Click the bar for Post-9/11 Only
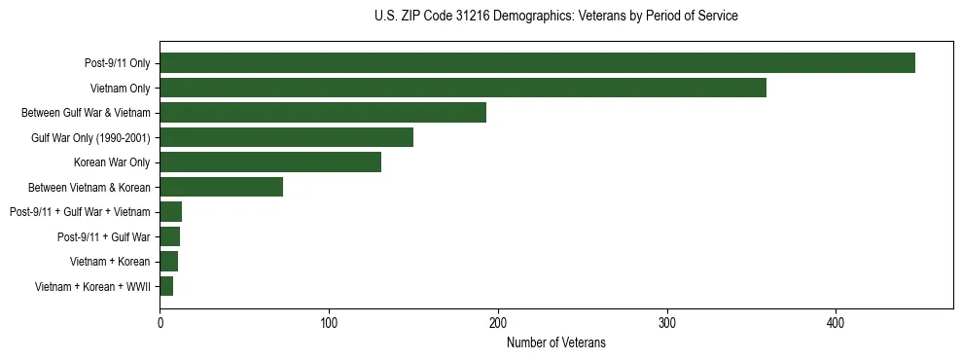537,63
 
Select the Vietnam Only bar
463,88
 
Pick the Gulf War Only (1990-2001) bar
286,137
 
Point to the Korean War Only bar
270,162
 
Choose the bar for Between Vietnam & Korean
222,187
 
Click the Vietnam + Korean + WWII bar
166,286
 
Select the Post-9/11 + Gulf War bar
170,236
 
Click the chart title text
555,17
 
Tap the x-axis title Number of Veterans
555,342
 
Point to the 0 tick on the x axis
160,322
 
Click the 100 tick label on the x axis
329,322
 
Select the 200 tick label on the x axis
498,322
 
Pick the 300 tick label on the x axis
667,322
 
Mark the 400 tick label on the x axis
836,322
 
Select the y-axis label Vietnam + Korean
110,262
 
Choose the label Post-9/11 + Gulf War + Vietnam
80,212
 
